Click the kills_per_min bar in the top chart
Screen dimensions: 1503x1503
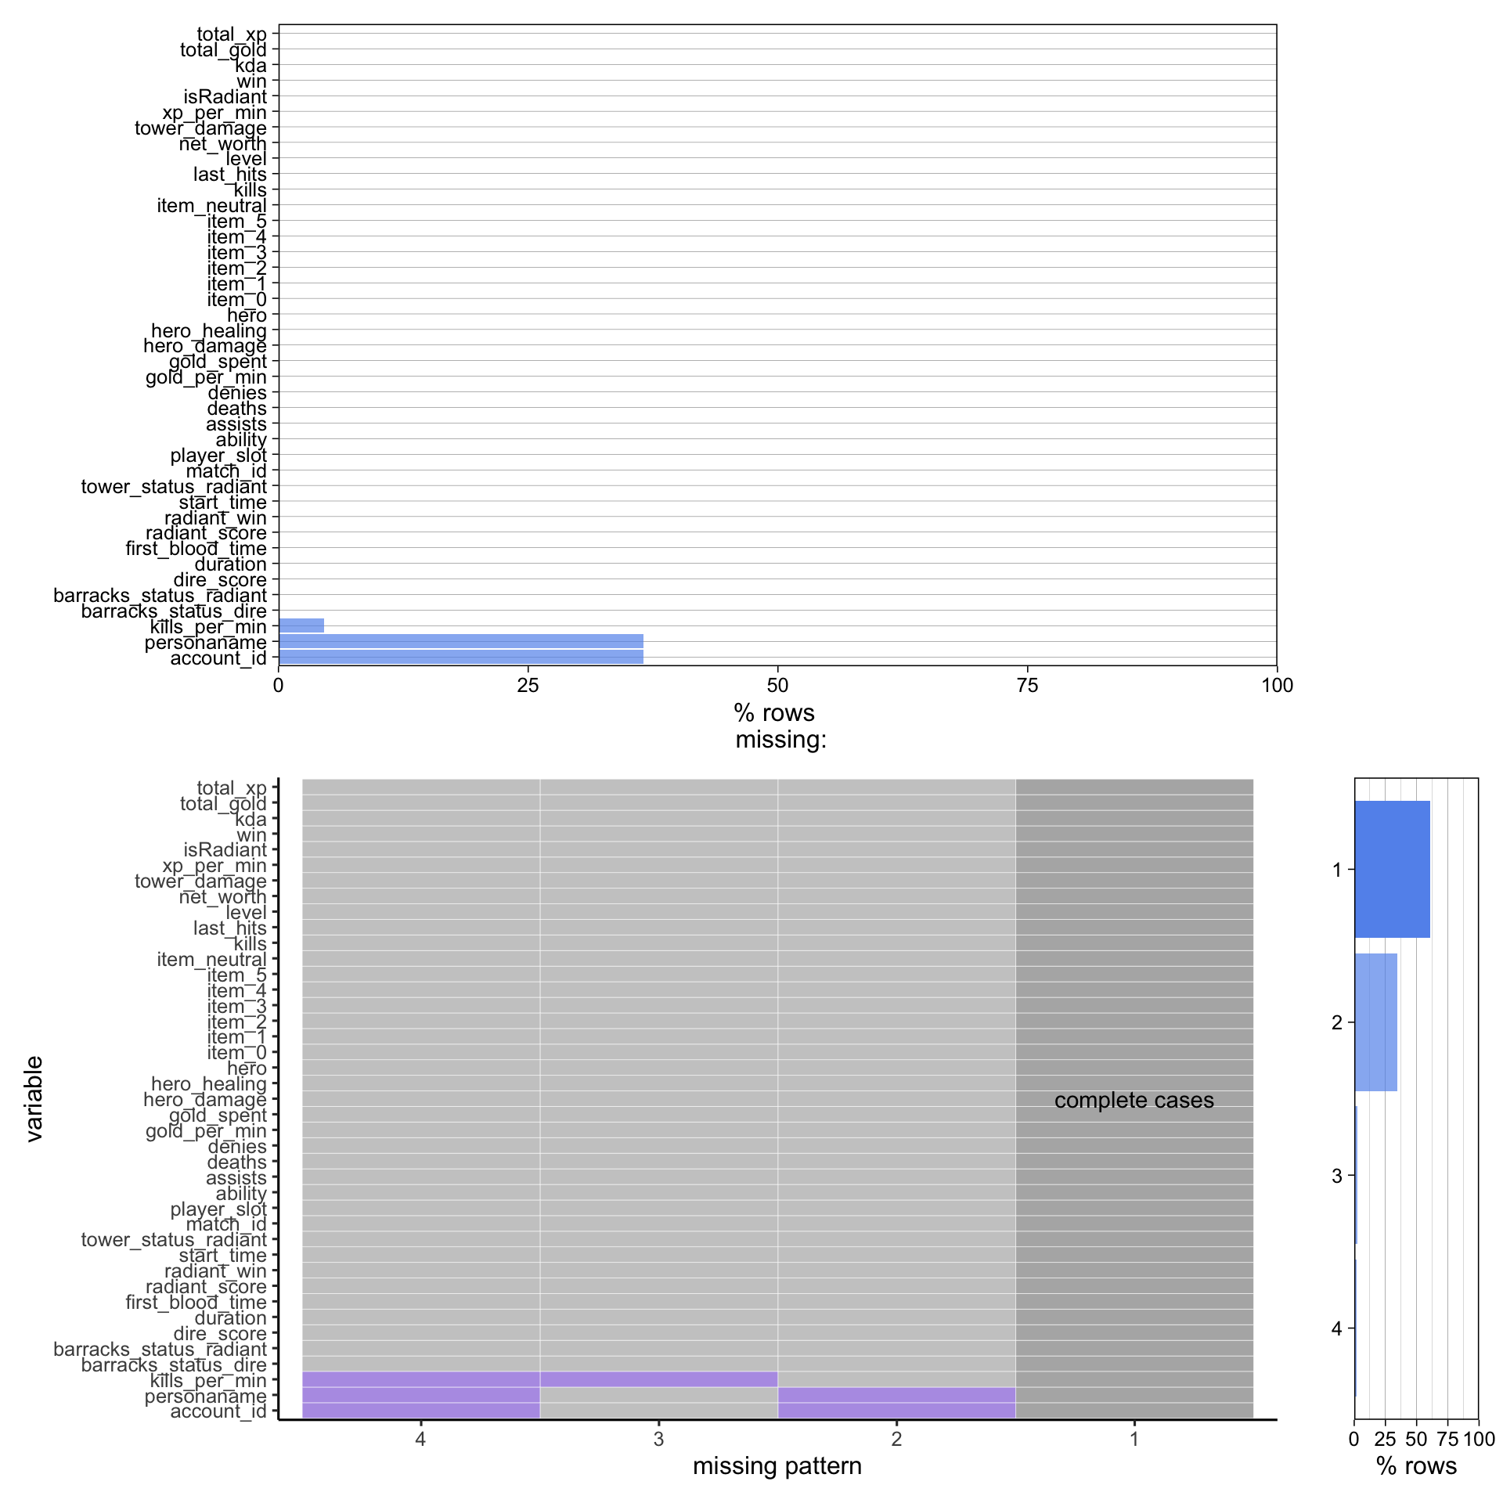[x=301, y=625]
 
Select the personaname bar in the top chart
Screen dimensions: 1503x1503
[x=460, y=641]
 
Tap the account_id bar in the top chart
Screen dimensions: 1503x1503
[x=460, y=657]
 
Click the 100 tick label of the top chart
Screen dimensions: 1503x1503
[x=1277, y=686]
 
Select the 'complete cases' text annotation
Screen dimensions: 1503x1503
[x=1134, y=1100]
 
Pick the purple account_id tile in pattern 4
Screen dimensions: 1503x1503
[x=420, y=1411]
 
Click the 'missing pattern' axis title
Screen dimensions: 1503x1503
[x=777, y=1465]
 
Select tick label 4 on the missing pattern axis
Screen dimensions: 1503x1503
[x=420, y=1439]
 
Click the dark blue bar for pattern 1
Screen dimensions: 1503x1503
[x=1392, y=869]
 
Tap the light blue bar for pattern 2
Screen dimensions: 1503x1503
[x=1375, y=1022]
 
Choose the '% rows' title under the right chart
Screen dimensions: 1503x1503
[x=1416, y=1465]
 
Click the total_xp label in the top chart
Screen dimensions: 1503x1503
[x=231, y=34]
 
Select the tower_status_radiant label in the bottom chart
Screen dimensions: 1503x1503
[x=174, y=1239]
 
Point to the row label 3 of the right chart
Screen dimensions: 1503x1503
[x=1336, y=1176]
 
